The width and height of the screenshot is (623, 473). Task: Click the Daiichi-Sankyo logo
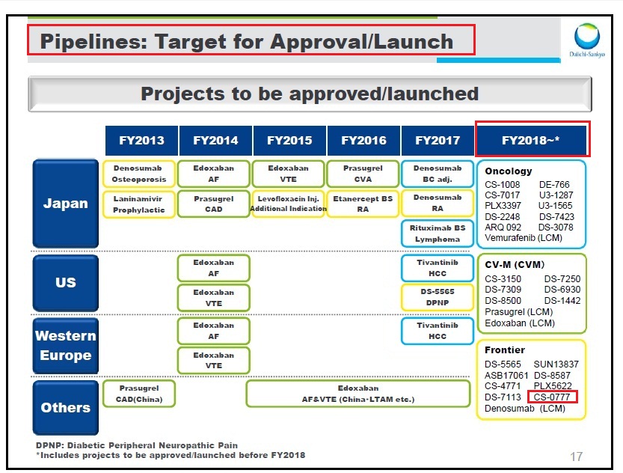tap(586, 40)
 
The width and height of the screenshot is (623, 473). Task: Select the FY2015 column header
tap(289, 140)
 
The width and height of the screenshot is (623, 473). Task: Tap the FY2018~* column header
tap(531, 140)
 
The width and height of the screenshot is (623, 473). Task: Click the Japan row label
tap(66, 204)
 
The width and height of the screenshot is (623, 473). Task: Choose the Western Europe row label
tap(66, 346)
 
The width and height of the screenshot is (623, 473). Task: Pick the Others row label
tap(66, 407)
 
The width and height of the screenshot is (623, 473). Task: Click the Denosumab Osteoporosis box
tap(139, 174)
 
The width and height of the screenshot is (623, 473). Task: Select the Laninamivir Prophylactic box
tap(139, 204)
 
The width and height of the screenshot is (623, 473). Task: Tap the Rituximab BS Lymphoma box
tap(438, 234)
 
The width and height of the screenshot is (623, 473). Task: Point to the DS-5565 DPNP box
tap(438, 297)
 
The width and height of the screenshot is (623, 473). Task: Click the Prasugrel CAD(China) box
tap(139, 394)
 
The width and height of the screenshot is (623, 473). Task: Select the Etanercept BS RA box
tap(363, 204)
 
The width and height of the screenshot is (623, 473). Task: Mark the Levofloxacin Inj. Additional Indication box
tap(289, 204)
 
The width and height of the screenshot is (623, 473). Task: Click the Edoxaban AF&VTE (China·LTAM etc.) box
tap(358, 394)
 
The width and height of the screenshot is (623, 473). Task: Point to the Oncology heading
tap(508, 171)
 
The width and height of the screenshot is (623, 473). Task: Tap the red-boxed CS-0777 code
tap(552, 397)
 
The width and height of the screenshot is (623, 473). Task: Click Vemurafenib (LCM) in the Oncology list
tap(524, 238)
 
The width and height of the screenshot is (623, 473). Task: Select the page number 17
tap(576, 457)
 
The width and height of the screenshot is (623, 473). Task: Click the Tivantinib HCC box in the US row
tap(438, 268)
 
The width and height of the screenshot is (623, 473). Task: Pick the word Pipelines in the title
tap(93, 42)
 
